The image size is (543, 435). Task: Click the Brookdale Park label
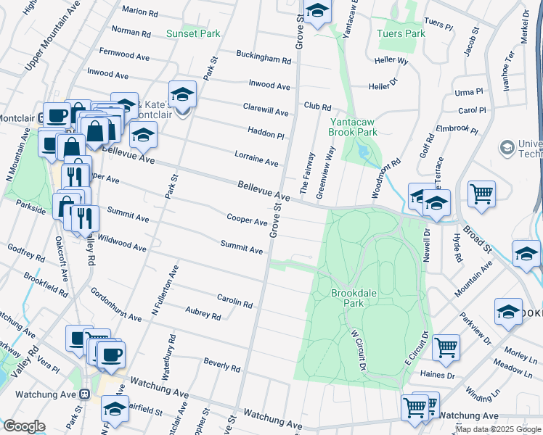[347, 298]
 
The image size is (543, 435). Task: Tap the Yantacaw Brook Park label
[354, 128]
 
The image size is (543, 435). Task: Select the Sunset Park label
[193, 33]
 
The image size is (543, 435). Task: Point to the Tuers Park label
[401, 33]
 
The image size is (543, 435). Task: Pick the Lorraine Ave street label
[256, 158]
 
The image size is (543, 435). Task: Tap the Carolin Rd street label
[234, 300]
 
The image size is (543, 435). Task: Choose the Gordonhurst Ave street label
[116, 305]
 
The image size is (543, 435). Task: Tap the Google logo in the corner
[24, 426]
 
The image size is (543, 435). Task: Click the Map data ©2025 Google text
[497, 429]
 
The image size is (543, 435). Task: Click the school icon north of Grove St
[317, 12]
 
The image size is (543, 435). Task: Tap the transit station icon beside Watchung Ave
[85, 394]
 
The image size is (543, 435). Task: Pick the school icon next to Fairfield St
[115, 409]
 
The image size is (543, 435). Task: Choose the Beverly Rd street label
[221, 364]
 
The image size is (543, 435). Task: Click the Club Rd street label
[317, 106]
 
